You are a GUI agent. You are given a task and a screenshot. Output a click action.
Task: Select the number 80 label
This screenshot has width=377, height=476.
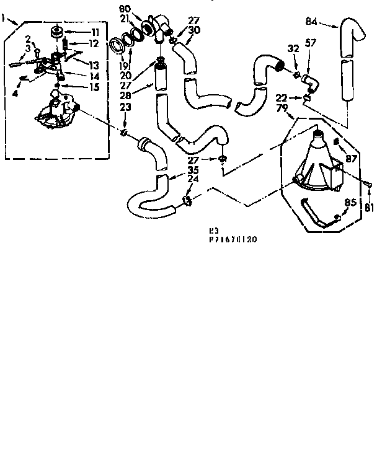coord(125,9)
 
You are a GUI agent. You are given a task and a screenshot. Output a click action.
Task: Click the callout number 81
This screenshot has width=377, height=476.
coord(370,207)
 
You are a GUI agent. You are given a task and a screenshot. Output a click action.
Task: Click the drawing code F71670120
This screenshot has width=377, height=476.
coord(233,238)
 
